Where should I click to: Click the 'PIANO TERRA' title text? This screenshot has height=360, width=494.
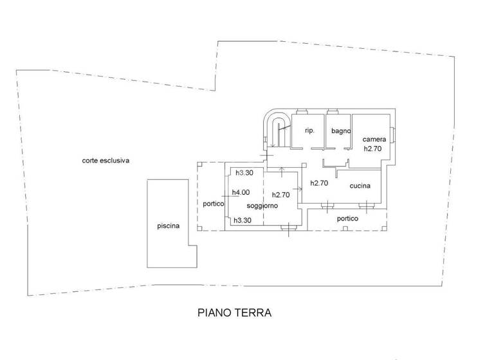pos(234,313)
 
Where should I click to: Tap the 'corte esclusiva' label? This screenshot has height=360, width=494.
pos(105,161)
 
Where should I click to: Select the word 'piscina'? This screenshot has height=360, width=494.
pos(168,226)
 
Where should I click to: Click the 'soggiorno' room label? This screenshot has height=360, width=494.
pos(262,206)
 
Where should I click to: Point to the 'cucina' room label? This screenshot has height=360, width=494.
pos(360,186)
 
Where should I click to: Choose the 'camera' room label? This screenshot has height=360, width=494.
pos(374,139)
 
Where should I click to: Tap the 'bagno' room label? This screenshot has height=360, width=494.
pos(341,131)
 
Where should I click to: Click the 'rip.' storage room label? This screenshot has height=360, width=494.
pos(309,130)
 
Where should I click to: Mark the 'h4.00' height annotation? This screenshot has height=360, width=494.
pos(241,192)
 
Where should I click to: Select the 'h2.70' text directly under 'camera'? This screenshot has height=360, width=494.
pos(373,148)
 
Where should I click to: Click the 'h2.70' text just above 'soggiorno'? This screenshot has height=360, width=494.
pos(281,195)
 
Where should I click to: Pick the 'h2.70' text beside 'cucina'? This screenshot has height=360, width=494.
pos(319,183)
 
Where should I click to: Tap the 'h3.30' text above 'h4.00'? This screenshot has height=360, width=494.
pos(243,173)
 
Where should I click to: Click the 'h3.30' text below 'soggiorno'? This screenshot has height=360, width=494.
pos(242,220)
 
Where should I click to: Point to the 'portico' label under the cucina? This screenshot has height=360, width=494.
pos(347,219)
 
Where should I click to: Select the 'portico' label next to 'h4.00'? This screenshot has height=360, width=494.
pos(213,204)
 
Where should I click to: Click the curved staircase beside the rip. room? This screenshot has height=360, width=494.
pos(278,129)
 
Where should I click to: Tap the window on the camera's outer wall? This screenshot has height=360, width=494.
pos(393,136)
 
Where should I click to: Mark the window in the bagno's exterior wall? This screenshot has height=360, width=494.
pos(334,111)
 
